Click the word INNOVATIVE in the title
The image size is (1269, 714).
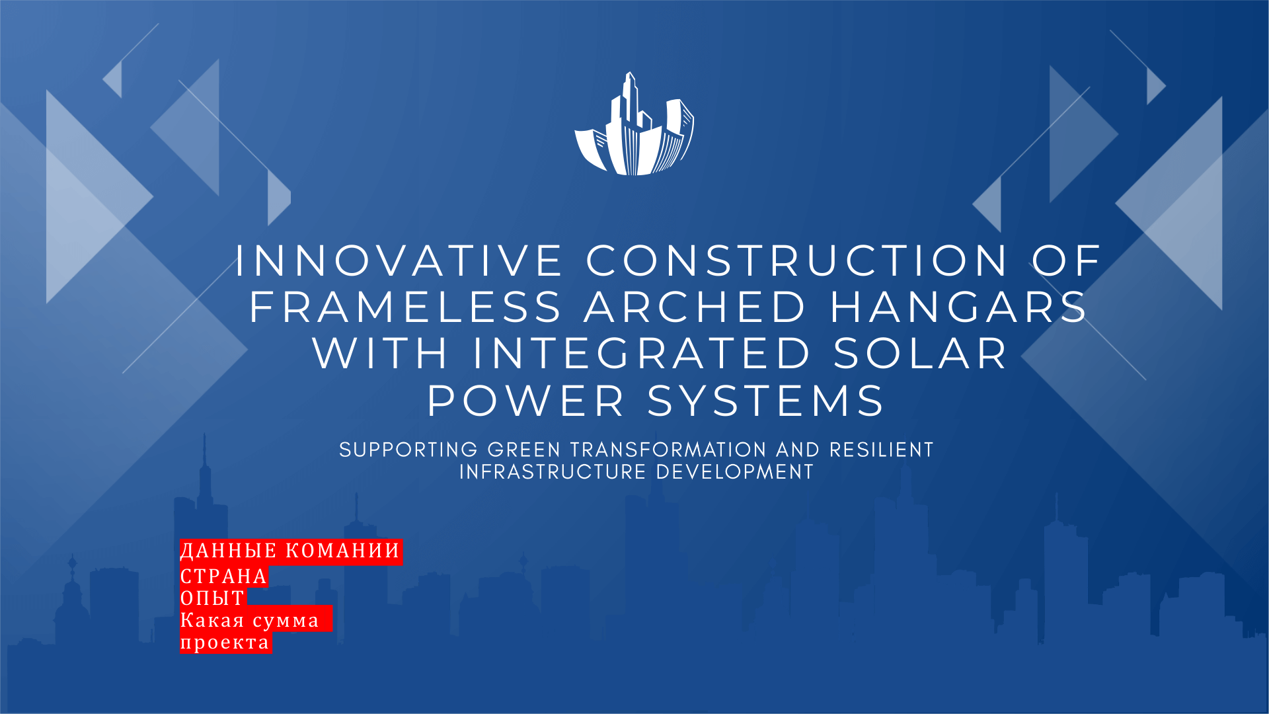coord(399,260)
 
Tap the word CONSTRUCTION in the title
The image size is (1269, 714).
coord(797,260)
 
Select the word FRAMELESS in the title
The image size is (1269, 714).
coord(405,307)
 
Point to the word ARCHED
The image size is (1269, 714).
coord(695,307)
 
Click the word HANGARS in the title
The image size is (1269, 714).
coord(959,307)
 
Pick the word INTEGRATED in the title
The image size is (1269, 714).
coord(642,353)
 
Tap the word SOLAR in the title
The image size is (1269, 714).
coord(921,353)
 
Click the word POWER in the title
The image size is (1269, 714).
coord(526,401)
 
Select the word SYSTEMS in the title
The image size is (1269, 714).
coord(766,401)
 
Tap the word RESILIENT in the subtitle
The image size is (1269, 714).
coord(882,450)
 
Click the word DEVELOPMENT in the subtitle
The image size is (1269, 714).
coord(735,472)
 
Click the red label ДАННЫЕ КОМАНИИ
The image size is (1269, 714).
coord(291,551)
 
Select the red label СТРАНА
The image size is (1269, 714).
coord(224,576)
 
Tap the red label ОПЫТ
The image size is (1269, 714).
coord(213,598)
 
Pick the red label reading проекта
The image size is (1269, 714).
coord(225,643)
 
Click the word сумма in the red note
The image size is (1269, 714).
coord(286,621)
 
